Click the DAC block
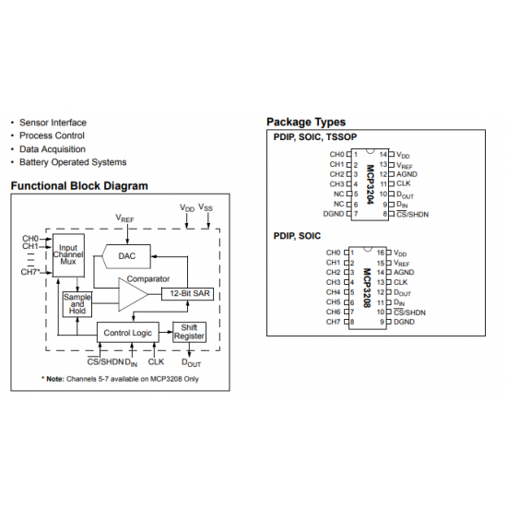click(127, 256)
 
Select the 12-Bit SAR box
click(187, 293)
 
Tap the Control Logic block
click(128, 333)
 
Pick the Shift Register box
click(189, 332)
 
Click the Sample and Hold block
click(77, 304)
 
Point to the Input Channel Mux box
click(68, 255)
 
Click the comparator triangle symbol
click(133, 294)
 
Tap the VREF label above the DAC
click(124, 218)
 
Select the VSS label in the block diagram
click(206, 207)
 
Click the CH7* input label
click(30, 272)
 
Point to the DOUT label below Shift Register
click(191, 363)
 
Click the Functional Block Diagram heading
click(79, 186)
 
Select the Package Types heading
click(306, 123)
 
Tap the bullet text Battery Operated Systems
click(73, 162)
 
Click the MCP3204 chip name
click(371, 184)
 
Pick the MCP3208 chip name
click(367, 288)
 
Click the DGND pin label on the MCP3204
click(334, 214)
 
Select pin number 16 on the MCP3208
click(381, 253)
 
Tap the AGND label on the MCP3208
click(404, 272)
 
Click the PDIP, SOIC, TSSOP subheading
click(315, 137)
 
